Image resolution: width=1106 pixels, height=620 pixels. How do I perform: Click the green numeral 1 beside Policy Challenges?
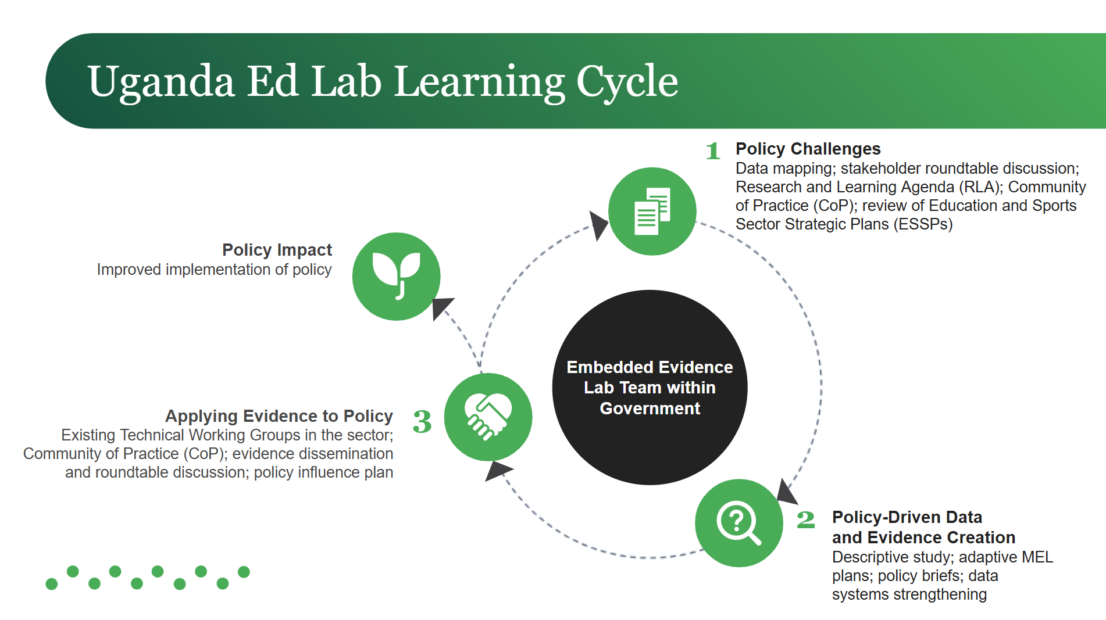click(713, 151)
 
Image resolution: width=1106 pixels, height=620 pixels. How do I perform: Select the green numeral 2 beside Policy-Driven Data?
click(805, 519)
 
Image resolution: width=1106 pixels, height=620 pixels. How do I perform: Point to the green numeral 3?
click(422, 422)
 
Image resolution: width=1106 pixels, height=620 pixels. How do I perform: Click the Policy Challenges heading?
click(808, 149)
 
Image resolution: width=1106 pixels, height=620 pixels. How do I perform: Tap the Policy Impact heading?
click(277, 250)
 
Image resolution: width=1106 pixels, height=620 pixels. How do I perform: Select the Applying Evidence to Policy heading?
click(279, 416)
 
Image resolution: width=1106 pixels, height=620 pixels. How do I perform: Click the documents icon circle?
click(652, 212)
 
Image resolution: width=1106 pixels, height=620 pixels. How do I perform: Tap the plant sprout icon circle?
click(397, 277)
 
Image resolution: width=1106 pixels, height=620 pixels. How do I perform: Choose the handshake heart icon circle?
click(488, 417)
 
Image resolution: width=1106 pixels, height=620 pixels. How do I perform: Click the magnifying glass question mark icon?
click(738, 523)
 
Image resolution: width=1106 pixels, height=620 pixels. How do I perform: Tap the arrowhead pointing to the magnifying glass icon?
click(786, 493)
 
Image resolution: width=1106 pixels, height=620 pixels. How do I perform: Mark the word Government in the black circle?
click(650, 408)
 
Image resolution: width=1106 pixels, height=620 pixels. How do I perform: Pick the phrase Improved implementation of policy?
click(214, 270)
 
